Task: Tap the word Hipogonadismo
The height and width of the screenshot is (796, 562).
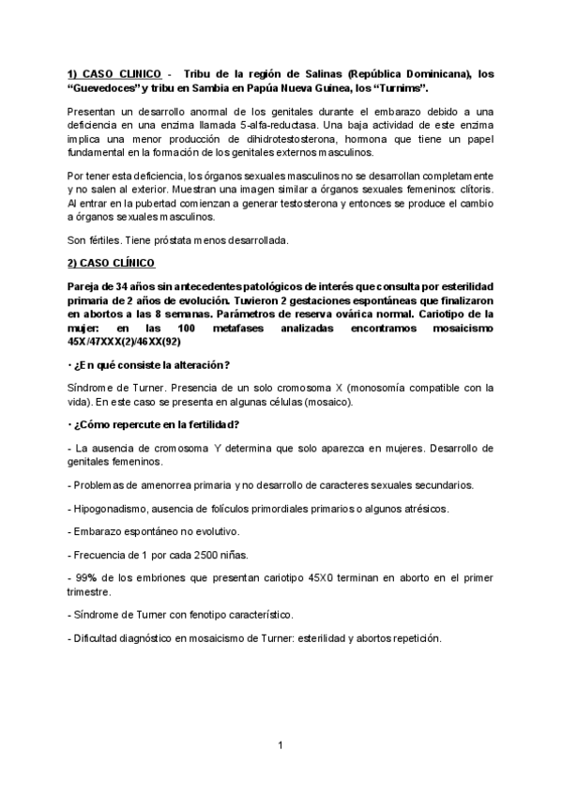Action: click(x=115, y=509)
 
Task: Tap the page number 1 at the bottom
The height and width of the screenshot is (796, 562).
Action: click(x=281, y=746)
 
